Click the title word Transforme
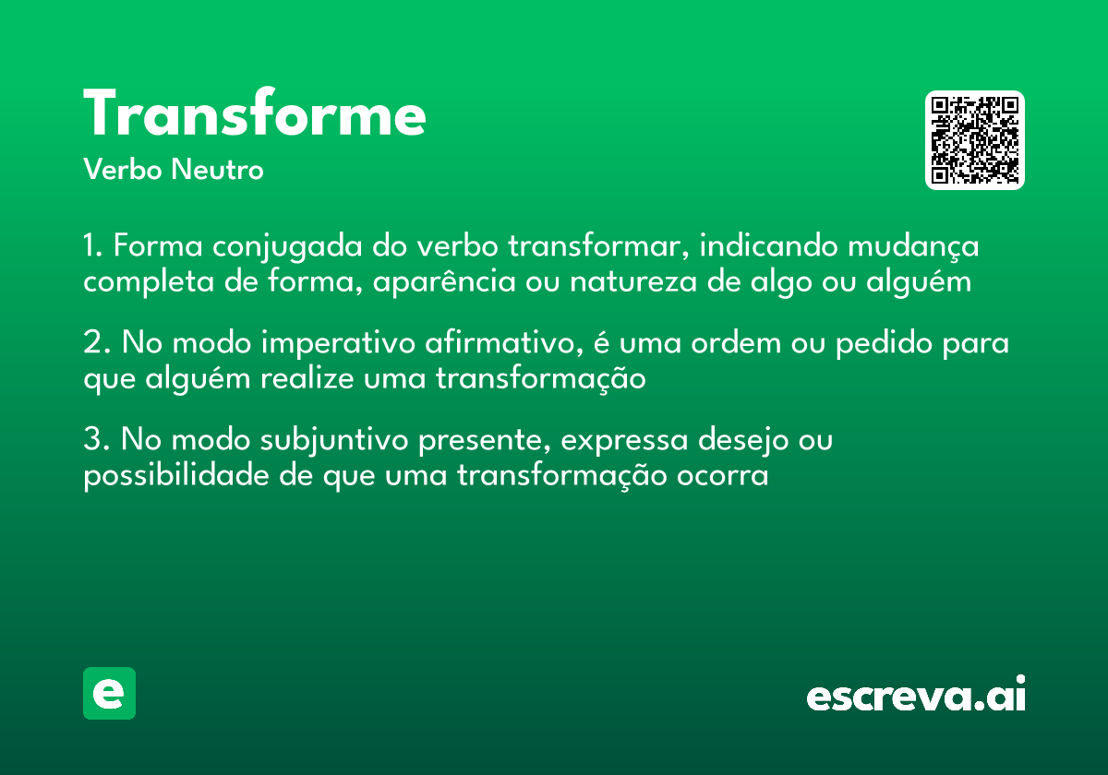[255, 115]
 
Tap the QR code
[975, 140]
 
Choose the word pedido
[887, 344]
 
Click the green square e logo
[109, 693]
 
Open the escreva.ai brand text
[916, 696]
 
